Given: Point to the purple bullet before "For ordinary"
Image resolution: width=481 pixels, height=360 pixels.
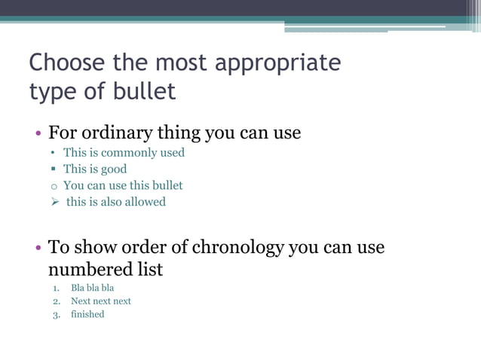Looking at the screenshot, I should (38, 135).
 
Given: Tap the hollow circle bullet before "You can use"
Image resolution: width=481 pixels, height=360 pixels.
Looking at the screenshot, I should (54, 186).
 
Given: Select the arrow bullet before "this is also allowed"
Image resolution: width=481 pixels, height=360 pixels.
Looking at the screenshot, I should (55, 202).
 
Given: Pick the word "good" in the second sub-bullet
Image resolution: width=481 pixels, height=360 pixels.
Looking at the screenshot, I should (113, 169).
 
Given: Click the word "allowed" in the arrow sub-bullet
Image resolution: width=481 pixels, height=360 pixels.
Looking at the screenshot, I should (145, 202).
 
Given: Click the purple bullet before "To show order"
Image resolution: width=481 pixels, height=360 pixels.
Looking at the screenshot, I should (38, 248).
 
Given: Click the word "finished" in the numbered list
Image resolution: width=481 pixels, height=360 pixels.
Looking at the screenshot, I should (87, 314).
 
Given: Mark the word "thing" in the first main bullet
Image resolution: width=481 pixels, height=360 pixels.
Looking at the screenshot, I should (178, 133).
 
